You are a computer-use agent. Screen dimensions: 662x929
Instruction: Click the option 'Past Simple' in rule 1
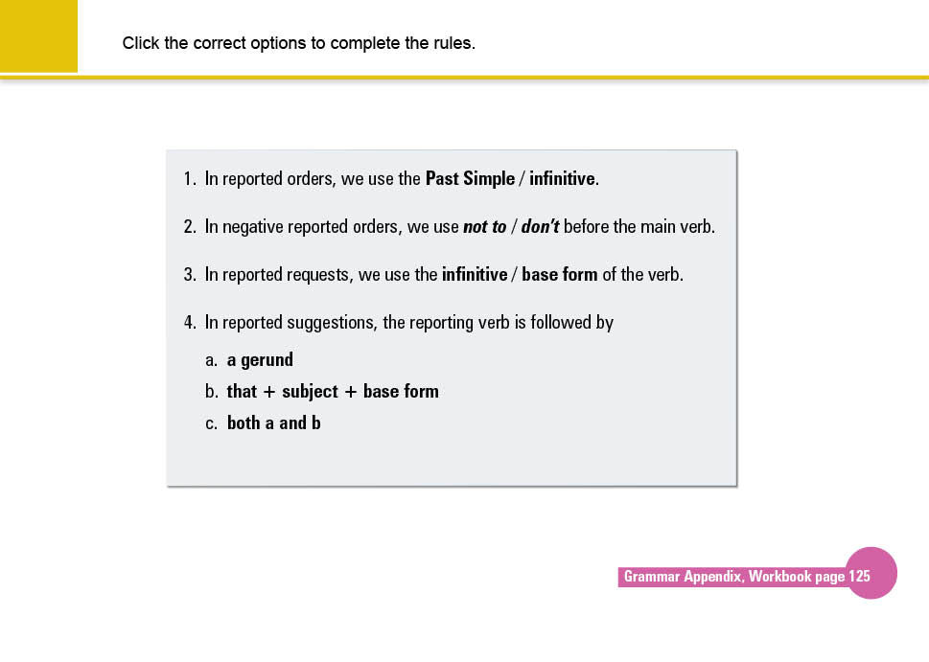tap(470, 179)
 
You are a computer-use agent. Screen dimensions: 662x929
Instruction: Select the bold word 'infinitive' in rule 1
tap(563, 179)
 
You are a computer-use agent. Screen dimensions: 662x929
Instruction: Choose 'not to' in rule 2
tap(484, 227)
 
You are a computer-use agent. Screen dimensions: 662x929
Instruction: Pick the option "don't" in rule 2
tap(540, 227)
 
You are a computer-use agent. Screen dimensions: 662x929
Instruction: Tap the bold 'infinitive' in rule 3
tap(475, 275)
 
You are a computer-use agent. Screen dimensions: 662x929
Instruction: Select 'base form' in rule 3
tap(560, 275)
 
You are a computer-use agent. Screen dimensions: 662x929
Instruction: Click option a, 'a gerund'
tap(260, 360)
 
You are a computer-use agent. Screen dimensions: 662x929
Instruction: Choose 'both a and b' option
tap(273, 422)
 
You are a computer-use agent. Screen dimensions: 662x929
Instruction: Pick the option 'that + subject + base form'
tap(333, 391)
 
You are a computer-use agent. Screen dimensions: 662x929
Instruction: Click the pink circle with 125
tap(871, 574)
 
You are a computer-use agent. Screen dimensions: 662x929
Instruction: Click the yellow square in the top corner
tap(38, 35)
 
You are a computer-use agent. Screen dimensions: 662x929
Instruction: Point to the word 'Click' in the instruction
tap(141, 43)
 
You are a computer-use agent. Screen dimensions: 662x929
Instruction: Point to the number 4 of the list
tap(189, 323)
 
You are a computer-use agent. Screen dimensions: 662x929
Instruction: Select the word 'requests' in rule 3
tap(319, 275)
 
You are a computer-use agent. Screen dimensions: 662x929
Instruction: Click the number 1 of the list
tap(189, 179)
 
